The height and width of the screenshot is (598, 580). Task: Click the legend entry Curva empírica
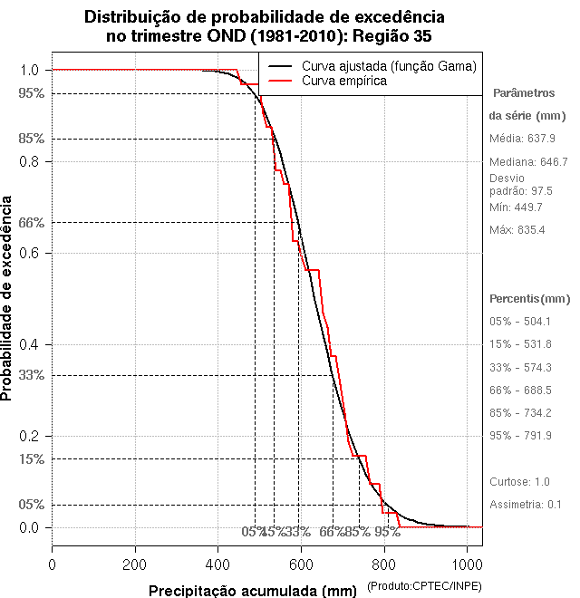point(343,82)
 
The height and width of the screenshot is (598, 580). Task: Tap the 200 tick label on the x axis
point(135,564)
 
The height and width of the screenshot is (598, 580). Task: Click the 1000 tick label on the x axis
point(468,564)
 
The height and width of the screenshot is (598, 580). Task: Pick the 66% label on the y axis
point(32,222)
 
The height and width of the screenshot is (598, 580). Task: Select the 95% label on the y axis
point(32,93)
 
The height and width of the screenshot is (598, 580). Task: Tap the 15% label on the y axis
point(32,458)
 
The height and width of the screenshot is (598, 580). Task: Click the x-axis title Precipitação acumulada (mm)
point(254,592)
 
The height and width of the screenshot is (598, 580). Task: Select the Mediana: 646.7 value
point(528,162)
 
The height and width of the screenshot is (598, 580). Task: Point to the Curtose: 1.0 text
point(519,481)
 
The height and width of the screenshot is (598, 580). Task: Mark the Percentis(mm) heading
point(530,299)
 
